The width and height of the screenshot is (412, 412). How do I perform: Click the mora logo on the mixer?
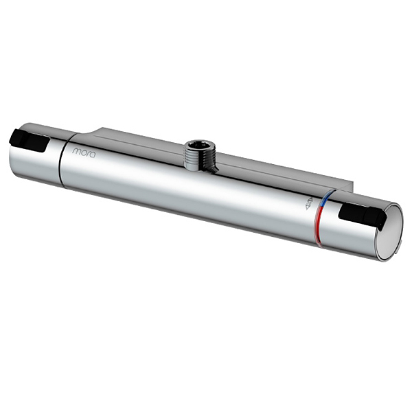84,151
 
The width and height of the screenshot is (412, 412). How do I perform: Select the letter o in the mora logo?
83,151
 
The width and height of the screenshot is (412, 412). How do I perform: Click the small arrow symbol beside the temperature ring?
308,204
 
